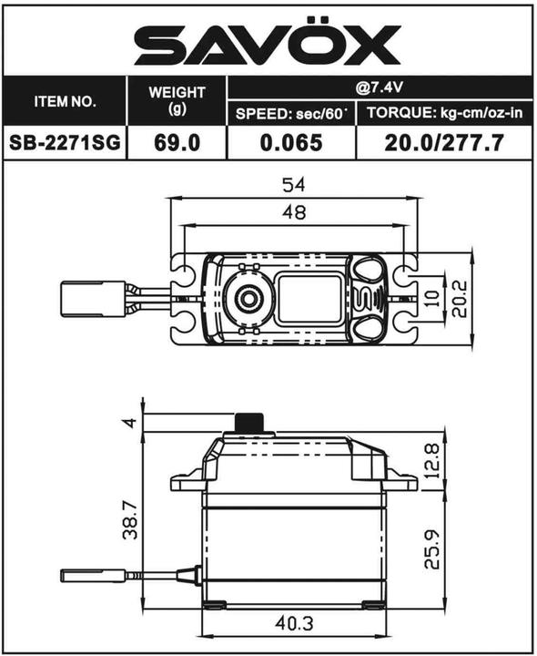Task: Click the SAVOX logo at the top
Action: (268, 42)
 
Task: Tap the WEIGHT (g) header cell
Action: (172, 101)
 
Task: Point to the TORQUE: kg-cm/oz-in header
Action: (443, 114)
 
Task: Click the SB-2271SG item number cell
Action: (65, 143)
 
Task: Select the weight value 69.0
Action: (172, 143)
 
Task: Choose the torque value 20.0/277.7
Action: (443, 143)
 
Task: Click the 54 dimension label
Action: (293, 185)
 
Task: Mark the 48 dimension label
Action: (293, 212)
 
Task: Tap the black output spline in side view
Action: (249, 424)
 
